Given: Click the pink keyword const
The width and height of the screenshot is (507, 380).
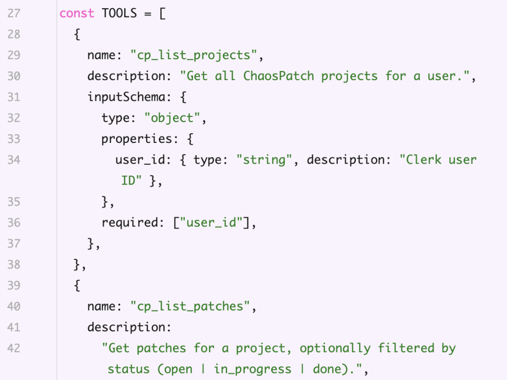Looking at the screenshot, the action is pos(77,13).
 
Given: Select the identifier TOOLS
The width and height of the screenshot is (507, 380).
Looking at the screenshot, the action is pos(119,13).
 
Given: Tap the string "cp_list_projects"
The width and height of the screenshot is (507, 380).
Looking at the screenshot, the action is pos(194,55).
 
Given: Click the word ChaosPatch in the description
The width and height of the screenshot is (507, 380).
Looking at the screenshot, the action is pos(278,76).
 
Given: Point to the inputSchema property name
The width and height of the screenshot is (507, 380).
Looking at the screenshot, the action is pos(126,97).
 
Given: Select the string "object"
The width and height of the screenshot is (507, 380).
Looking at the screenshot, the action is pos(173,118).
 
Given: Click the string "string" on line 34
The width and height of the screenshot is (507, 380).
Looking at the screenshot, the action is pos(264,160).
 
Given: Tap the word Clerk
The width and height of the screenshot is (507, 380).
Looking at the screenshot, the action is pos(423,160).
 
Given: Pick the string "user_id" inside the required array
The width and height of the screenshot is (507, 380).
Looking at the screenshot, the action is pos(211,222).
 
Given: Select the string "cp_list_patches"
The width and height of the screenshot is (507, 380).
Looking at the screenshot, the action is pos(190,307).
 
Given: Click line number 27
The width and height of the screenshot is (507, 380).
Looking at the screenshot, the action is pos(14,13).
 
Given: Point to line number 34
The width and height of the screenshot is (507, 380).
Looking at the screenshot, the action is pos(14,160).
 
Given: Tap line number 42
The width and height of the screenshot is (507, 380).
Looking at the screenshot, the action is pos(14,348).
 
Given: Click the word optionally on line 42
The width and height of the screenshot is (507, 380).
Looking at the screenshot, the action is pos(335,349).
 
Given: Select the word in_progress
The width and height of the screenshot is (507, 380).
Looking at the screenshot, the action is pos(252,369).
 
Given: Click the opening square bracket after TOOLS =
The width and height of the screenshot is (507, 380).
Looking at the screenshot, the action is pos(162,14).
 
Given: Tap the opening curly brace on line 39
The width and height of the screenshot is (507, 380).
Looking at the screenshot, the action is pos(77,286).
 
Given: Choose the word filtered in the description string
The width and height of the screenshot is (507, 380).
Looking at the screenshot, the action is pos(406,348).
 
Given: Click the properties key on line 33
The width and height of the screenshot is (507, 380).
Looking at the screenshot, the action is pos(137,139).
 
